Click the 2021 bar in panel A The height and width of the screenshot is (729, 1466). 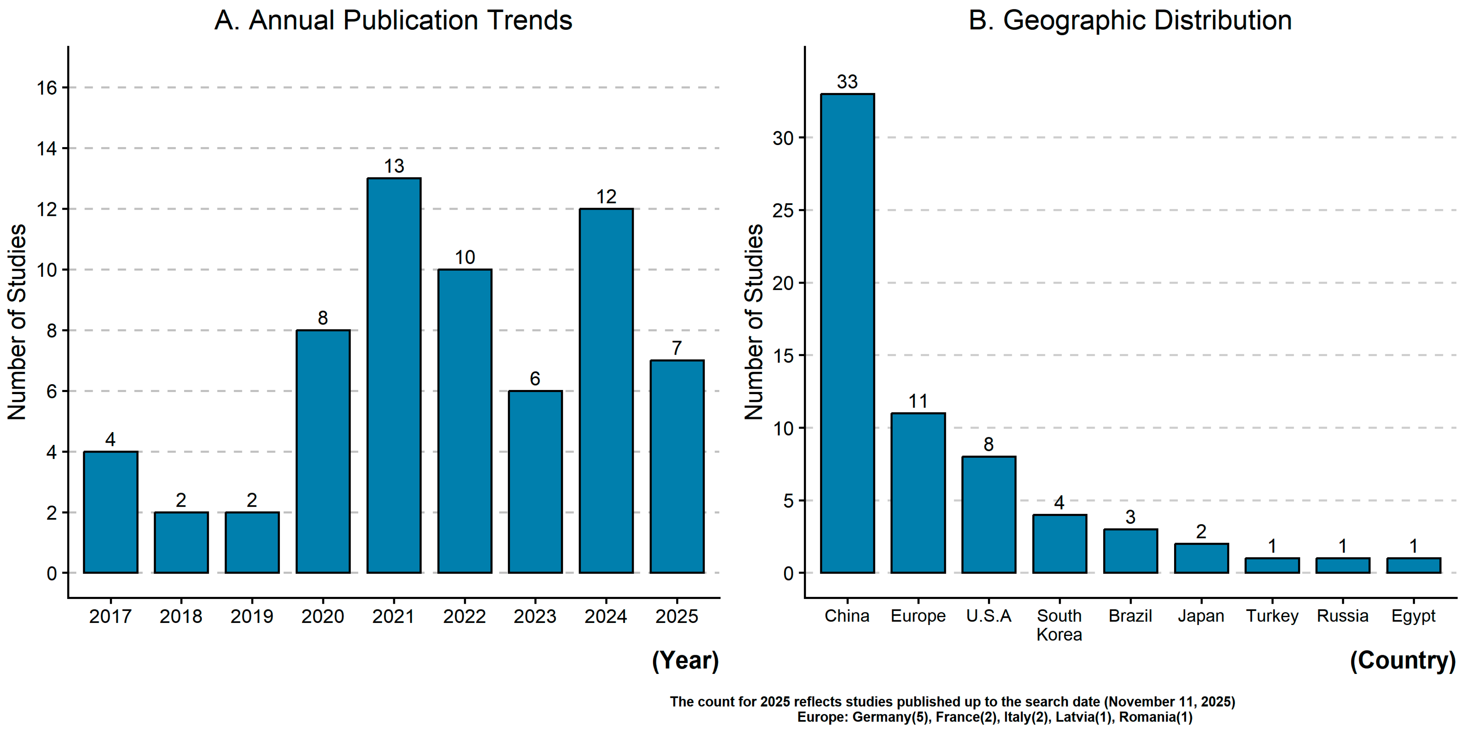point(394,376)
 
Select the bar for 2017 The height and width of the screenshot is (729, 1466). point(111,512)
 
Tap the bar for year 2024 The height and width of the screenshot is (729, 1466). point(606,391)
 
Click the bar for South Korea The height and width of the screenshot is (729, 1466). point(1060,544)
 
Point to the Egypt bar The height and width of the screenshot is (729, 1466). point(1414,566)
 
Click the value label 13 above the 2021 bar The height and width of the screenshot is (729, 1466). point(394,166)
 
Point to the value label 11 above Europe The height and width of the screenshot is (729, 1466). point(918,402)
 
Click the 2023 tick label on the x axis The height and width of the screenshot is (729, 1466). point(535,616)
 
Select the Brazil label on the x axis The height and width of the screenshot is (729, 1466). point(1130,616)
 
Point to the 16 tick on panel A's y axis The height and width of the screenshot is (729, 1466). point(47,88)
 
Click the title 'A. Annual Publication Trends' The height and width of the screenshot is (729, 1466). point(393,21)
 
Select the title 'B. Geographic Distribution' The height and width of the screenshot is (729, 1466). point(1130,21)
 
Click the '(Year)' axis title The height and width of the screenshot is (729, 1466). point(685,661)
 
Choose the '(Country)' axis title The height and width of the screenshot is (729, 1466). point(1403,661)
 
